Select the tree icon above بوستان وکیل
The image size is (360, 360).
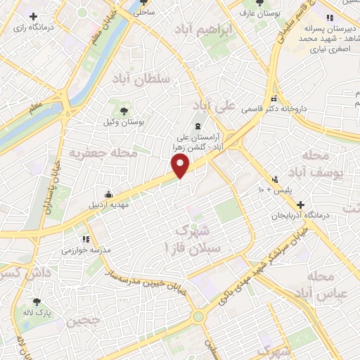[124, 110]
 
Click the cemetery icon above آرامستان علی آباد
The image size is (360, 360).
[197, 127]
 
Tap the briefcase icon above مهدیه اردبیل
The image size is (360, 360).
[108, 195]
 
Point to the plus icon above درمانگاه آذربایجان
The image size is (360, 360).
[300, 205]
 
